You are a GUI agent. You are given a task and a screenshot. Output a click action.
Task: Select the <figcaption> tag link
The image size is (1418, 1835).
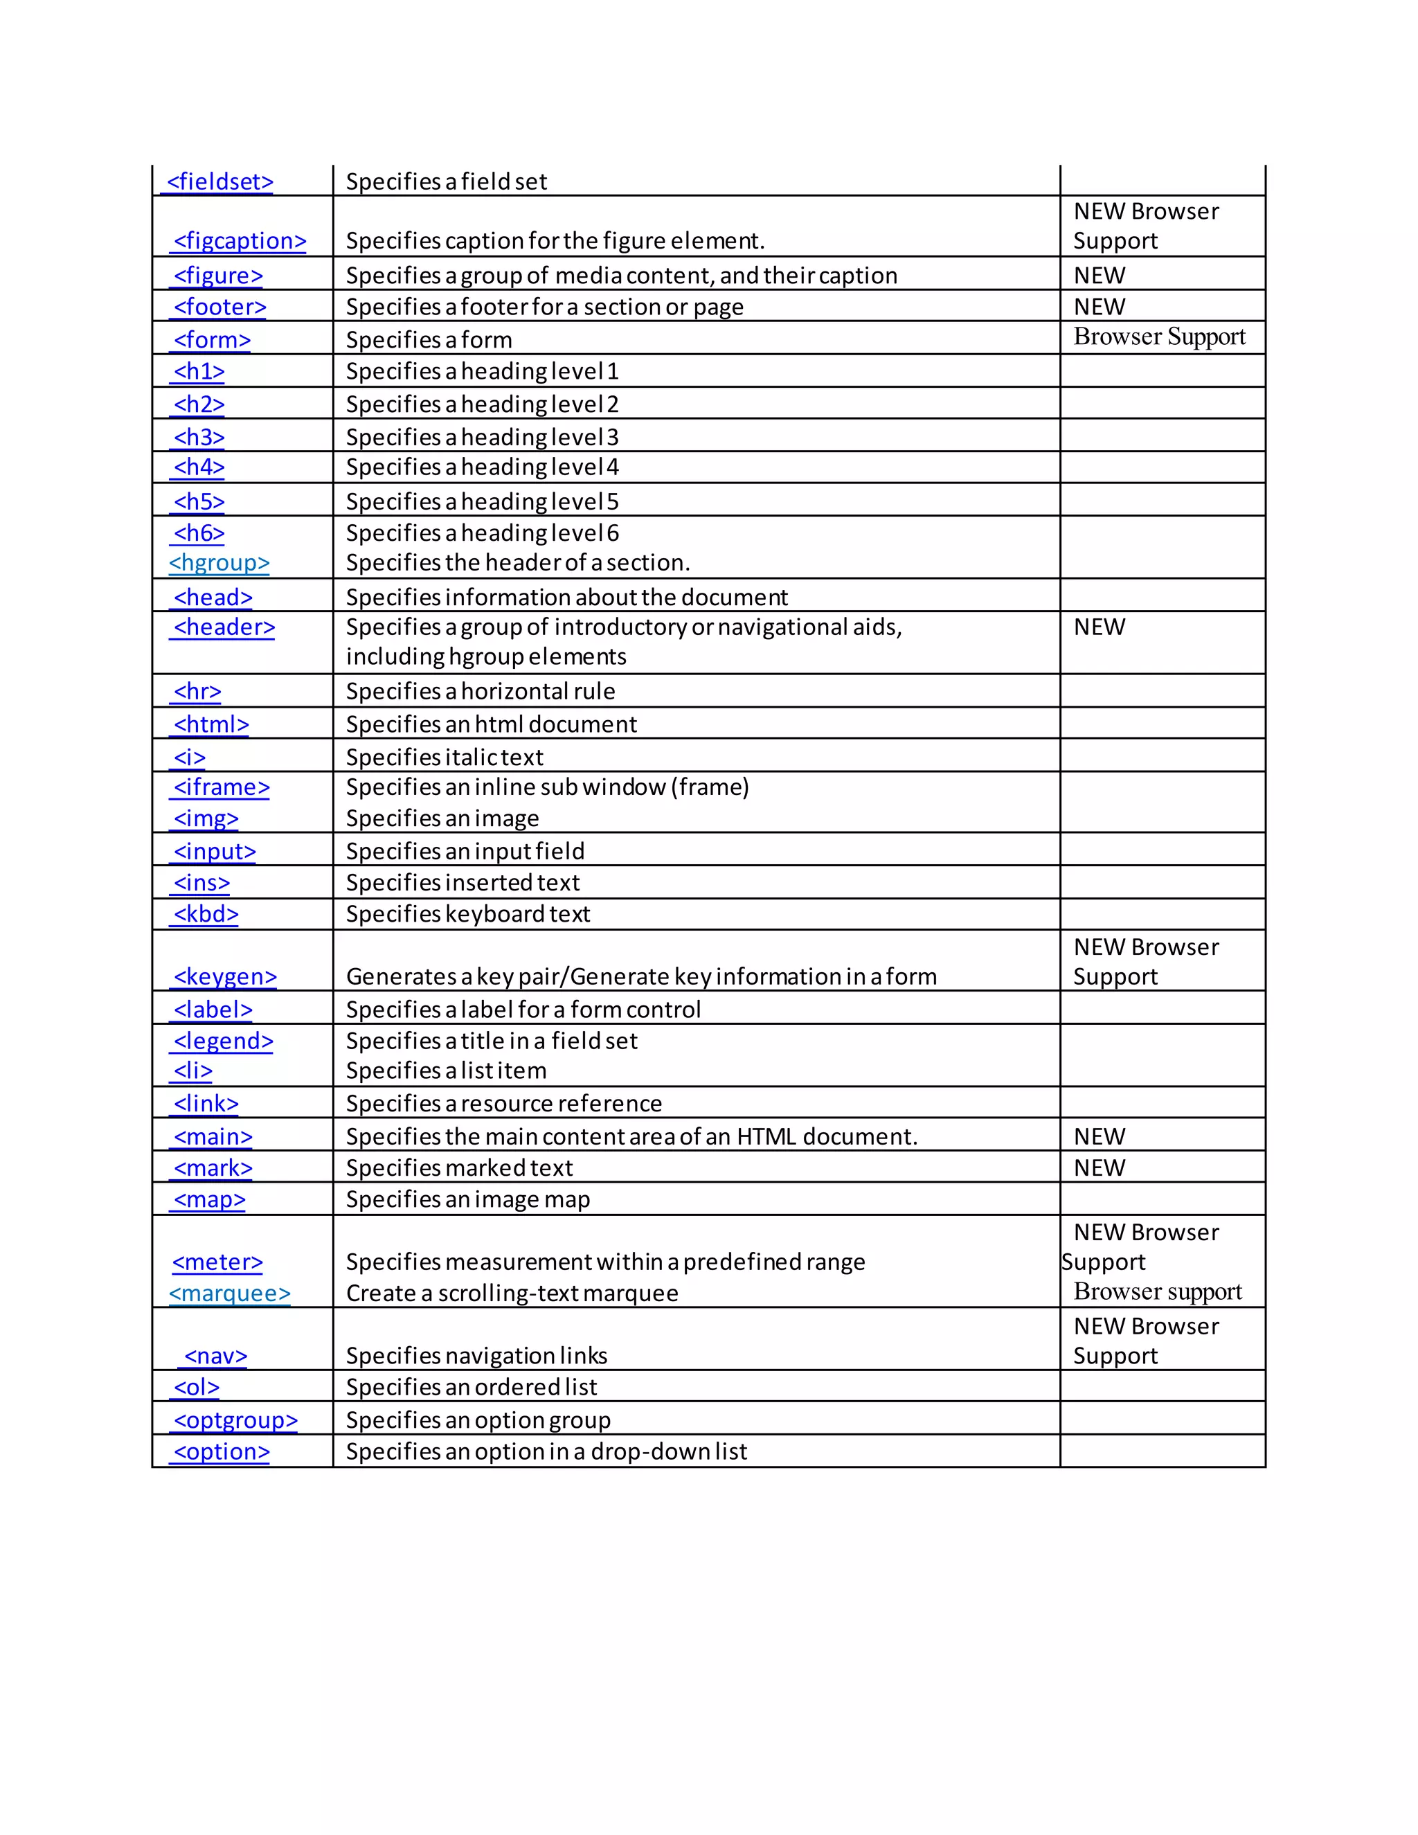pyautogui.click(x=240, y=241)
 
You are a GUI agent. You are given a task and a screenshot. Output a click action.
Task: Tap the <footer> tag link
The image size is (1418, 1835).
pyautogui.click(x=219, y=307)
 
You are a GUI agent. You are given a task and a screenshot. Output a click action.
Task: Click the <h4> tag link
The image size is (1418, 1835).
pyautogui.click(x=199, y=467)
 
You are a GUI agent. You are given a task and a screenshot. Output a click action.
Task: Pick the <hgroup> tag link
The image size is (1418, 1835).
pyautogui.click(x=219, y=563)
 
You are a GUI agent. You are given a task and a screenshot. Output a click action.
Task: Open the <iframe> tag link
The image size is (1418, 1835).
pyautogui.click(x=221, y=787)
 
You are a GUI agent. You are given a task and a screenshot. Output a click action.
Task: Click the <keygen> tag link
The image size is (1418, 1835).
pyautogui.click(x=224, y=976)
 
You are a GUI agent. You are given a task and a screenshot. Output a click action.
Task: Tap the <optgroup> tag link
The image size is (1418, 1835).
pyautogui.click(x=235, y=1420)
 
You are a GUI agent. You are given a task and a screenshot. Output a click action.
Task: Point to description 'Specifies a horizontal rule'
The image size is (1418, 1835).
pyautogui.click(x=481, y=692)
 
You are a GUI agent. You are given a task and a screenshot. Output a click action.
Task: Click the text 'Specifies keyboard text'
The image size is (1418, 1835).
pyautogui.click(x=468, y=914)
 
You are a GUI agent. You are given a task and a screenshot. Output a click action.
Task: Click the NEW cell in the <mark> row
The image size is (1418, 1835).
pyautogui.click(x=1099, y=1168)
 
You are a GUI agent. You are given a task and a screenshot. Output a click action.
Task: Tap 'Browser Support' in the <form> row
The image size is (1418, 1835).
pyautogui.click(x=1159, y=337)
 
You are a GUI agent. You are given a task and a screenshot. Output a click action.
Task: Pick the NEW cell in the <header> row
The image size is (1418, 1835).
pyautogui.click(x=1099, y=627)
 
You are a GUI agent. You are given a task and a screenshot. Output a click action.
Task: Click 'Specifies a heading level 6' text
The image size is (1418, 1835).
pyautogui.click(x=482, y=533)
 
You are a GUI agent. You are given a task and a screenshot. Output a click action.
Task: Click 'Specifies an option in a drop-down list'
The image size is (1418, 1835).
pyautogui.click(x=546, y=1452)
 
